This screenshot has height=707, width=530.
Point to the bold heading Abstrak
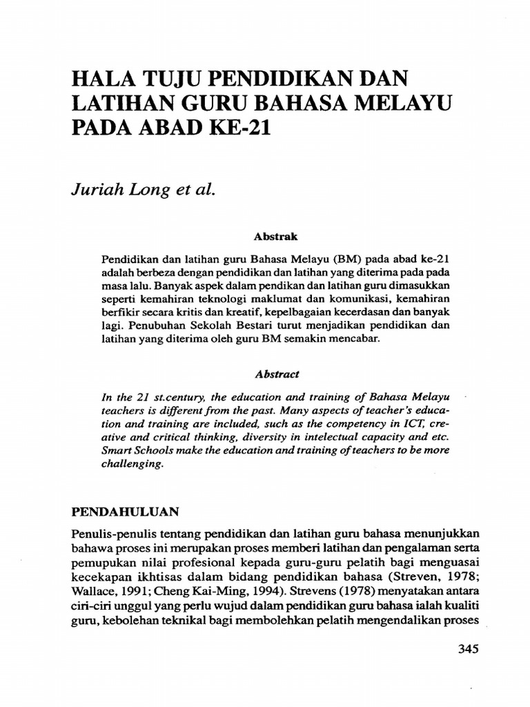(x=275, y=236)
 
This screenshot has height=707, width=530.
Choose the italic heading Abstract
(x=277, y=374)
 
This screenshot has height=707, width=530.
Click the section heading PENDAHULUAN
(x=126, y=512)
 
